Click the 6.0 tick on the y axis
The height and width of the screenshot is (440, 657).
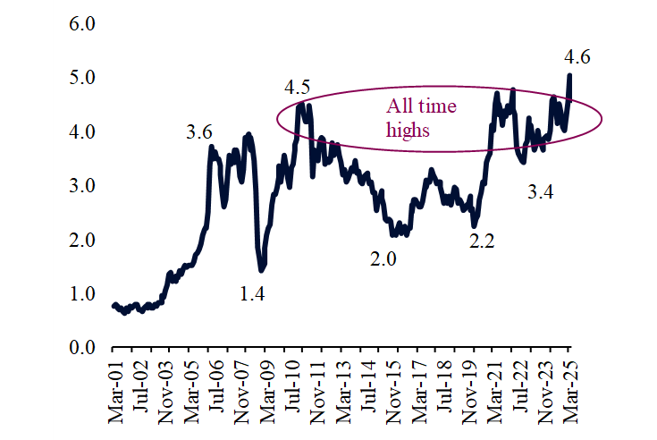click(x=81, y=23)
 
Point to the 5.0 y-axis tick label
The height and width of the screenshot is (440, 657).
click(x=81, y=78)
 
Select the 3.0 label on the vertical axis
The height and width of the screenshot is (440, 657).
click(x=81, y=186)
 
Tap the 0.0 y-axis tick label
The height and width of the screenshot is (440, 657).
click(x=81, y=348)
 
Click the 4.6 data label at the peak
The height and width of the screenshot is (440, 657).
click(x=577, y=57)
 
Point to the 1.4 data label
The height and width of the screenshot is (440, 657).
click(x=254, y=292)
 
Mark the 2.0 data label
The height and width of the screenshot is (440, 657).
click(x=383, y=259)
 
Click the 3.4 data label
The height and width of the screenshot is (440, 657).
click(x=540, y=190)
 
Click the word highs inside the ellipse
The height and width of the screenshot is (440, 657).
click(x=409, y=130)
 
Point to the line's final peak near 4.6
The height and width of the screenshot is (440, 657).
click(x=569, y=76)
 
